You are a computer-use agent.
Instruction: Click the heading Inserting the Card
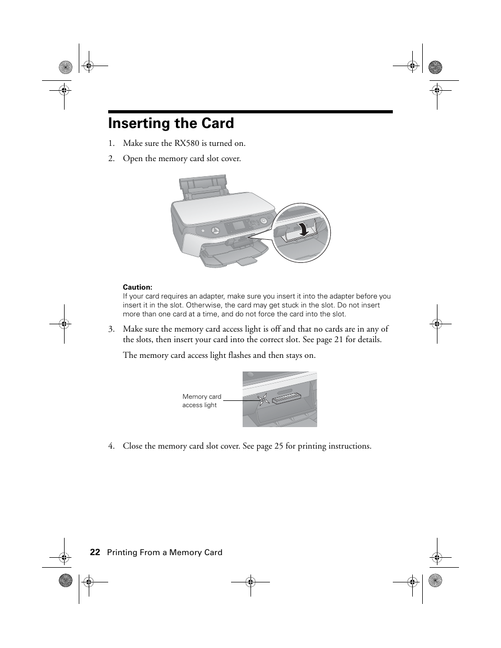171,123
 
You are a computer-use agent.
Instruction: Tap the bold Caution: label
137,287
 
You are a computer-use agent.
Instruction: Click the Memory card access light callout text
202,401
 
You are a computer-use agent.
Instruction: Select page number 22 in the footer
95,552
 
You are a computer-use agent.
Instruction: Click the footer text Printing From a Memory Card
165,553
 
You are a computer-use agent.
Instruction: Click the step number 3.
111,330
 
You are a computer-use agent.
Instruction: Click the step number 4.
111,447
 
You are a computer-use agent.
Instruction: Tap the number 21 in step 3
339,339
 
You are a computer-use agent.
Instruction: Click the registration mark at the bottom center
250,581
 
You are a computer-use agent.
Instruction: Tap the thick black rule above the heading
250,112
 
